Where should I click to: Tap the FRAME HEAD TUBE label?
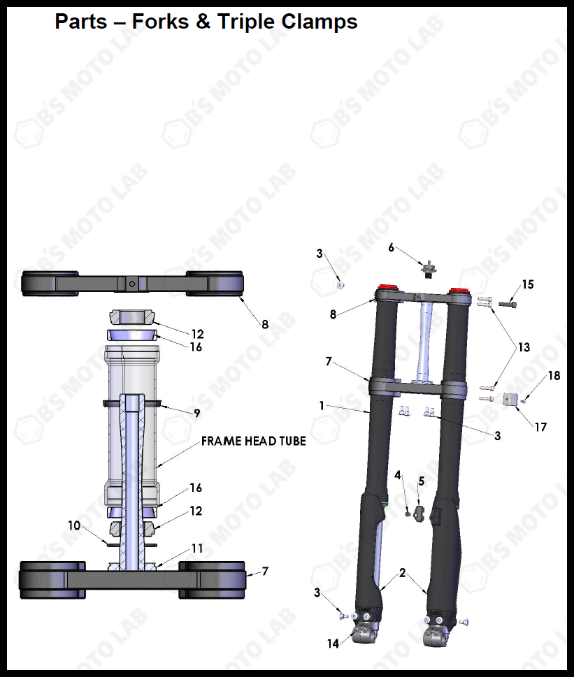(254, 442)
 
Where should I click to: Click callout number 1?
(322, 405)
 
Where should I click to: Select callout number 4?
(398, 476)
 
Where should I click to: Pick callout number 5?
(422, 481)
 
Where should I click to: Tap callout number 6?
(392, 247)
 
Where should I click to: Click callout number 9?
(197, 414)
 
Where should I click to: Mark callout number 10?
(74, 526)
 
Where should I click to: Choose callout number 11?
(197, 549)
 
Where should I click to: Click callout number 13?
(524, 347)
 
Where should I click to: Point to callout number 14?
(333, 643)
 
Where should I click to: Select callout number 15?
(528, 284)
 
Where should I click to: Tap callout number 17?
(540, 426)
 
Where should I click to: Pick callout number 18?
(554, 376)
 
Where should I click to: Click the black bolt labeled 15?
(508, 305)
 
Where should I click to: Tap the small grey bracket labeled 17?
(509, 400)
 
